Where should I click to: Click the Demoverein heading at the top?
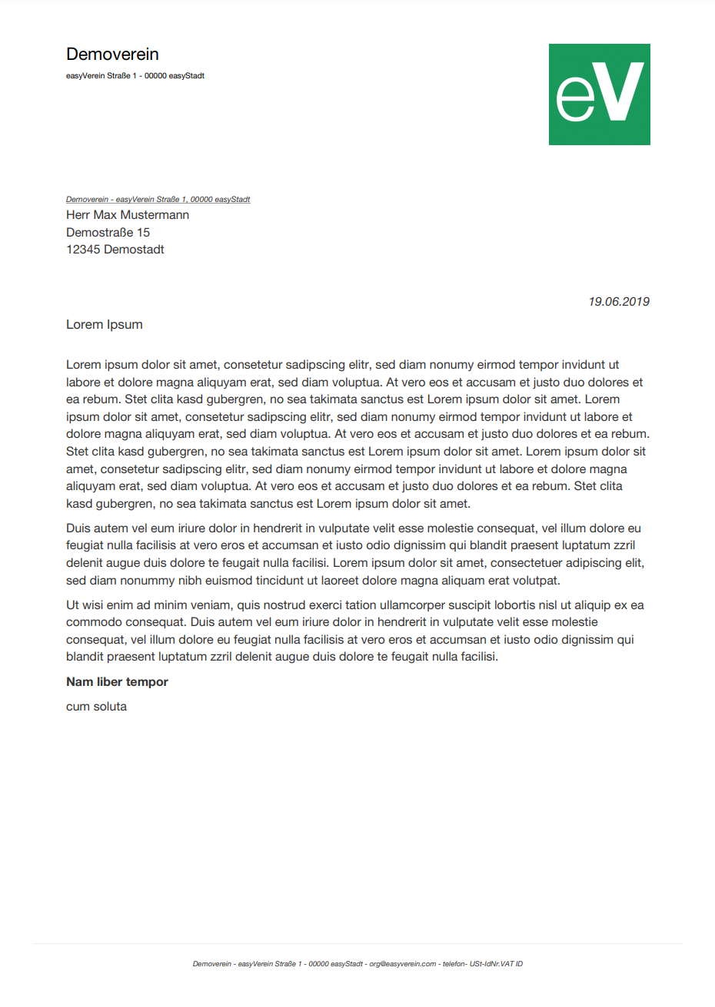point(112,55)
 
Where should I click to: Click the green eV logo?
point(599,94)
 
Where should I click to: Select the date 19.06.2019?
point(619,302)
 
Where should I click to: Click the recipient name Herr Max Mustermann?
point(128,215)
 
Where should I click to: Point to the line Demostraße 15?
point(108,232)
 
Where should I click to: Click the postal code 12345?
point(83,250)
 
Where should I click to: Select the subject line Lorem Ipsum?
point(105,325)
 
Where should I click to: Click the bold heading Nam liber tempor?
point(117,682)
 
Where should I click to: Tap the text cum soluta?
point(96,707)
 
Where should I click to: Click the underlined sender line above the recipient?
point(158,200)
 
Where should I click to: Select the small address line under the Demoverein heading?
point(135,76)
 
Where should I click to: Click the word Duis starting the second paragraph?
point(78,528)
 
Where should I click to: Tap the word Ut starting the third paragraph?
point(73,605)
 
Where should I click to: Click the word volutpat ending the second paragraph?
point(538,581)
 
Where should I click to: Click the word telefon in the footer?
point(453,964)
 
